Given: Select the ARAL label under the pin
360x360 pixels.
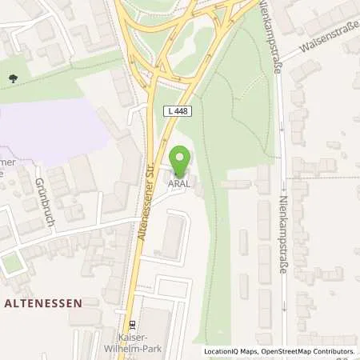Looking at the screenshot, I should (179, 181).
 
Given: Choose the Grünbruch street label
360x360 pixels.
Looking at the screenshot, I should (42, 202).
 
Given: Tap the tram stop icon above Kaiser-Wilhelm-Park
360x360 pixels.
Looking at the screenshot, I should (133, 326).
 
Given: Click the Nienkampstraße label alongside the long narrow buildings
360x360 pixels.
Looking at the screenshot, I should (282, 237).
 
